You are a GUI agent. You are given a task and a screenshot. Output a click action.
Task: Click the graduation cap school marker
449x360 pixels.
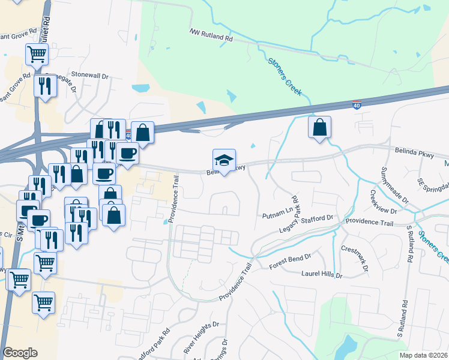point(224,160)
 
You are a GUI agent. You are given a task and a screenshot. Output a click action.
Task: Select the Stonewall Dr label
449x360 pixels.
point(89,76)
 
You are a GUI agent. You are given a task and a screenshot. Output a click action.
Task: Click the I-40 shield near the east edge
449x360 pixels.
point(357,106)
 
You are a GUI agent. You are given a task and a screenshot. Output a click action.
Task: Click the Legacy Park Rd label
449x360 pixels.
point(289,214)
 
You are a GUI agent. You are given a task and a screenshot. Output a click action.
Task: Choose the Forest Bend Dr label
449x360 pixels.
point(291,256)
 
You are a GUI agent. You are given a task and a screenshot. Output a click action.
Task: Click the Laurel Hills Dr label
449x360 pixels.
point(321,275)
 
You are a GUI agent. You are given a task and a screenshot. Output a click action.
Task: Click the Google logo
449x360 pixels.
point(20,353)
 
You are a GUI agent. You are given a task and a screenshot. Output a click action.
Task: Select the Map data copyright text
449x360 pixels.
point(423,355)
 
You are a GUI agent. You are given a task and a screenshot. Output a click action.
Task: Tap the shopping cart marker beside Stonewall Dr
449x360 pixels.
point(37,55)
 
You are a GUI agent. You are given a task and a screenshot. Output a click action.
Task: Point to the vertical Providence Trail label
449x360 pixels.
point(174,199)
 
